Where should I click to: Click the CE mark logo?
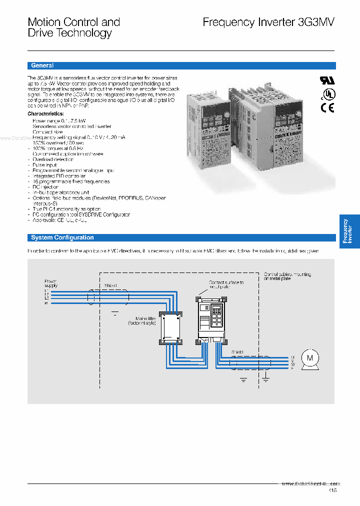click(327, 107)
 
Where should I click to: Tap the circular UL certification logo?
click(328, 94)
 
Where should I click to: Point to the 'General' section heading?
click(42, 65)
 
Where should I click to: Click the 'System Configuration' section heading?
click(62, 237)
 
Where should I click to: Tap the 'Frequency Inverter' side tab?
click(349, 231)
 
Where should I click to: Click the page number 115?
click(333, 490)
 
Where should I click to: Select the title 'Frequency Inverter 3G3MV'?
click(268, 22)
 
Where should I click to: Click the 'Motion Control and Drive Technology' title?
click(73, 27)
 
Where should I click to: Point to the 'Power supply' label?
click(51, 283)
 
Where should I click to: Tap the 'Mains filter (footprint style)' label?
click(146, 320)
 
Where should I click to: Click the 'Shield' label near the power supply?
click(110, 286)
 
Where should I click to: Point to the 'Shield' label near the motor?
click(237, 352)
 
